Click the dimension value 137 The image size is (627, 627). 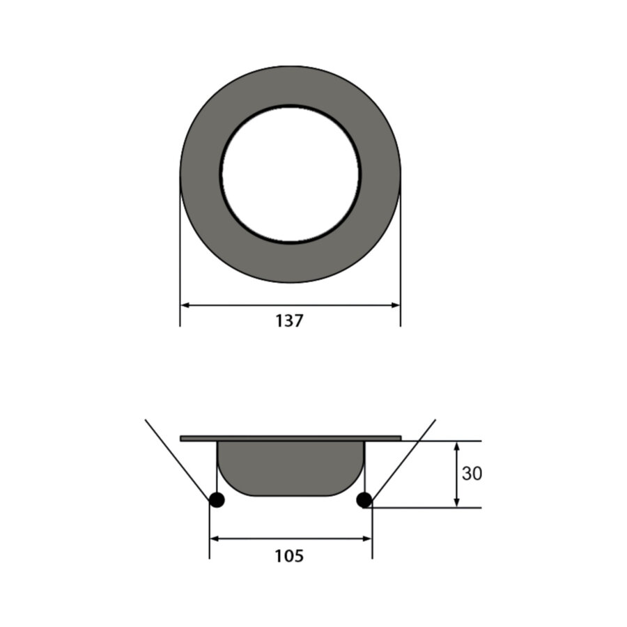[x=289, y=321]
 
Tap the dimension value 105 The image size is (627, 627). [x=289, y=556]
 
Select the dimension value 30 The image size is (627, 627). [x=472, y=474]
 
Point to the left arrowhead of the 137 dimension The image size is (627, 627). [x=185, y=304]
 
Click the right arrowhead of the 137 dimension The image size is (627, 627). [x=396, y=304]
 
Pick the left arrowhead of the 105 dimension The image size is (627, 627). [x=215, y=538]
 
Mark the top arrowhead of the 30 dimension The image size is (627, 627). [x=456, y=446]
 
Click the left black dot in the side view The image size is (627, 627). [x=217, y=500]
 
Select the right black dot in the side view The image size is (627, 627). [x=363, y=500]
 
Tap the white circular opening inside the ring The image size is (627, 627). [x=291, y=174]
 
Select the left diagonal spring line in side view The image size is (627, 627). [x=177, y=460]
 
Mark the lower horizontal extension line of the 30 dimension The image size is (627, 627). [x=432, y=508]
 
